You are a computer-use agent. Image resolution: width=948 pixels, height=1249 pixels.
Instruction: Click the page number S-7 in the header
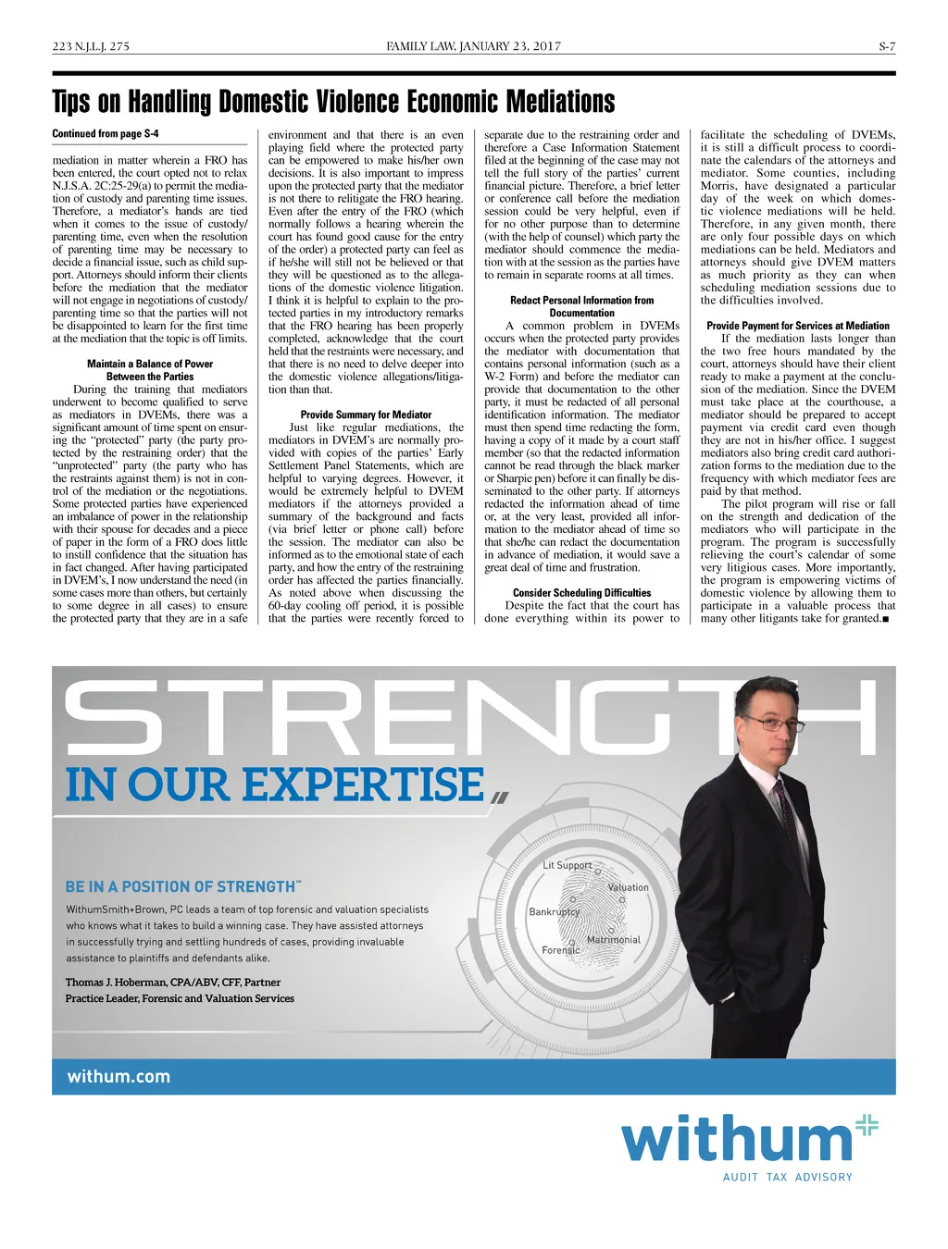(887, 46)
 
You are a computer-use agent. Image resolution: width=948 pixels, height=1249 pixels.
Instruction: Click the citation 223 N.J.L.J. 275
(91, 46)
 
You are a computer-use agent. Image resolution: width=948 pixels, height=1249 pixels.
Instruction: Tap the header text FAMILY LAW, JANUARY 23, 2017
(473, 46)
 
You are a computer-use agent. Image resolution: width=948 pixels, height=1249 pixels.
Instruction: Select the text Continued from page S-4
(106, 134)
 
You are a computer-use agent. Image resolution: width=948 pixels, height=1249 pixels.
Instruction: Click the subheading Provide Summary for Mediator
(366, 414)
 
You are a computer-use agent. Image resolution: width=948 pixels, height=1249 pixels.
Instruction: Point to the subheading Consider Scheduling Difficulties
(581, 592)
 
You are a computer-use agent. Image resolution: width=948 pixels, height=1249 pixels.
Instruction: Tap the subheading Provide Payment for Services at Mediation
(797, 326)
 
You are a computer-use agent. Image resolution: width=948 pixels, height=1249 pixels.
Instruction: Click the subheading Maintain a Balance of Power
(150, 364)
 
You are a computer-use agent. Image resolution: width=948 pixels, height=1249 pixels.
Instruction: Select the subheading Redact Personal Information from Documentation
(581, 306)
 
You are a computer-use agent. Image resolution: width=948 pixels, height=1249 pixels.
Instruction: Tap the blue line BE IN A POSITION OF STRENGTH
(181, 886)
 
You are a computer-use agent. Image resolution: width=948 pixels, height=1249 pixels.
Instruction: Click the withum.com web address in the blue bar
(118, 1076)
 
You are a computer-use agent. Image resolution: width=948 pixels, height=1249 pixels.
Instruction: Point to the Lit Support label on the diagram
(567, 865)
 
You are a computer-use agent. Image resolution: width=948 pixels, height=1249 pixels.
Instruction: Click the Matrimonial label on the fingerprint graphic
(613, 939)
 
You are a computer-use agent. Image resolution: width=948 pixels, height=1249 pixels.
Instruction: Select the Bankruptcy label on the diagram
(554, 911)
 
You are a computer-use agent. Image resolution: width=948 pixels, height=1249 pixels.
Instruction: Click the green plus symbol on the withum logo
(866, 1125)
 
